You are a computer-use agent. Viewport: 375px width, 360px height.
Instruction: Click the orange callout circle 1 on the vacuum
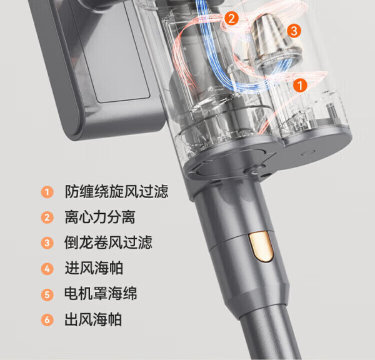tap(300, 85)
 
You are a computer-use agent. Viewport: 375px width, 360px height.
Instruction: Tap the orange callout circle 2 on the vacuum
tap(231, 19)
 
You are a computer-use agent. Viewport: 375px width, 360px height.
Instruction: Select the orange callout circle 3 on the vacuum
tap(294, 31)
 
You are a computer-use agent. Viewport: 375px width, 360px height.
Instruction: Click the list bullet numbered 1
tap(47, 192)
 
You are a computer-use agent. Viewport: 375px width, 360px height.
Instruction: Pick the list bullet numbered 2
tap(47, 217)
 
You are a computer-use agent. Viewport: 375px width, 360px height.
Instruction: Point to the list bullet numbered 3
tap(47, 243)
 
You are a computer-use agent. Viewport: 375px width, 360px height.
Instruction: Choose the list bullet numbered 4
tap(47, 269)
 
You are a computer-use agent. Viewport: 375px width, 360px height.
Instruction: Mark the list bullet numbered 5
tap(47, 294)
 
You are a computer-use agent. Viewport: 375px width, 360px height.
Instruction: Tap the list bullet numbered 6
tap(47, 320)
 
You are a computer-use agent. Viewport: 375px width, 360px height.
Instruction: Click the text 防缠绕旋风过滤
tap(116, 192)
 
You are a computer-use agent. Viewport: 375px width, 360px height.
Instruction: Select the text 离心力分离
tap(100, 217)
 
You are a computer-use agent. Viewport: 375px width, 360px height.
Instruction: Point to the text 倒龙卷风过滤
tap(108, 242)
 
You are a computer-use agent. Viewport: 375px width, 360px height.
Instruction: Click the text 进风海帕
tap(94, 268)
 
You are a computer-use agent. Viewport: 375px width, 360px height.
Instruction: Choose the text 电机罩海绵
tap(101, 294)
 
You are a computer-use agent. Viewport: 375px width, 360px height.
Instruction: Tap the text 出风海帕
tap(93, 319)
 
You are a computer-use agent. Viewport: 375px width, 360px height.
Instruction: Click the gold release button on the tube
tap(261, 246)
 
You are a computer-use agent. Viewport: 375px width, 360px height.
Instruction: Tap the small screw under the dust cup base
tap(254, 171)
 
